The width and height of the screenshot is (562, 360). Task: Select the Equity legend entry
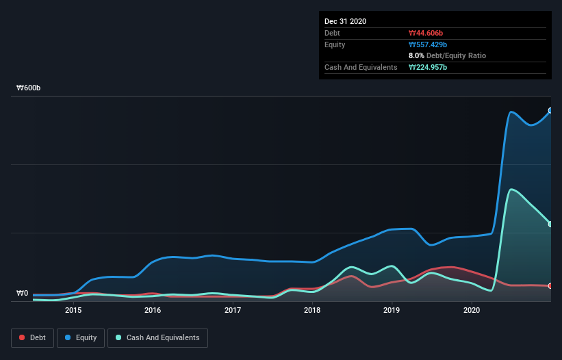pyautogui.click(x=81, y=337)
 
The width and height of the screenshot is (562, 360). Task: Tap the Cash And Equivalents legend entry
pyautogui.click(x=157, y=337)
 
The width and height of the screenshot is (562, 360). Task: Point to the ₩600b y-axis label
pyautogui.click(x=29, y=88)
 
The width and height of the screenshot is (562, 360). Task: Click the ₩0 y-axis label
pyautogui.click(x=23, y=294)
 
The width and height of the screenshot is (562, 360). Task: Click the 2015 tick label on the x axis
pyautogui.click(x=73, y=310)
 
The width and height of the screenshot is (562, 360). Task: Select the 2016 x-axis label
pyautogui.click(x=153, y=310)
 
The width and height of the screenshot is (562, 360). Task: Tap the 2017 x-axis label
pyautogui.click(x=233, y=310)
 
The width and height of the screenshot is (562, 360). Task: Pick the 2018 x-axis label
pyautogui.click(x=312, y=310)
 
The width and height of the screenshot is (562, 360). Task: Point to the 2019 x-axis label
pyautogui.click(x=392, y=310)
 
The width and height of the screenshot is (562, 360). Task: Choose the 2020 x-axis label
pyautogui.click(x=472, y=310)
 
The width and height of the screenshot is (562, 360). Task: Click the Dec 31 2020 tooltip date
pyautogui.click(x=345, y=21)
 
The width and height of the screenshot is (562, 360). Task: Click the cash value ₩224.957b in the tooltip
pyautogui.click(x=429, y=67)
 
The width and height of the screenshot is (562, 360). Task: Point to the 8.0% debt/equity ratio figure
pyautogui.click(x=417, y=55)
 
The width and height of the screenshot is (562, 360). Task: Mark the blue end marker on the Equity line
pyautogui.click(x=550, y=110)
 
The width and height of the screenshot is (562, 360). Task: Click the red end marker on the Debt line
pyautogui.click(x=550, y=285)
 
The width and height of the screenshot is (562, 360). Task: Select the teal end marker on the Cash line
pyautogui.click(x=550, y=224)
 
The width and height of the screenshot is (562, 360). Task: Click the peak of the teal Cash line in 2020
pyautogui.click(x=511, y=190)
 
